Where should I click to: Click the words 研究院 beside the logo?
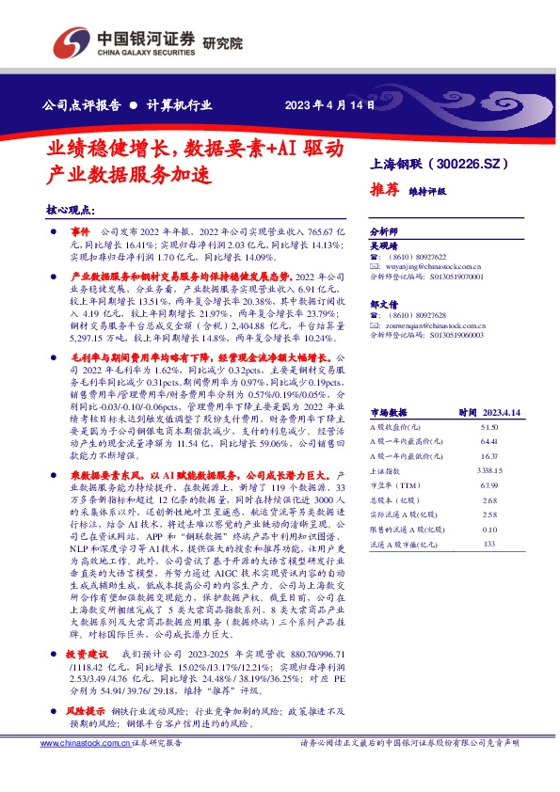click(x=223, y=43)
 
